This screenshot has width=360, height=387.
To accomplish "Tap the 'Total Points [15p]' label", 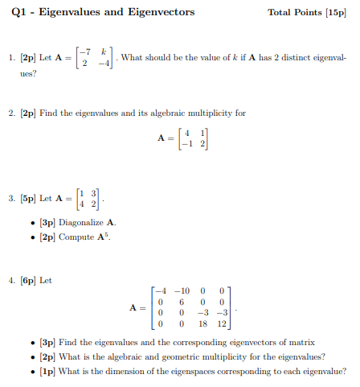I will [312, 13].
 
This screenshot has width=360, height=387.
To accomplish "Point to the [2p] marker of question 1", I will [27, 58].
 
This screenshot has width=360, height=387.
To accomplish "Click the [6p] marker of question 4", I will [27, 280].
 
